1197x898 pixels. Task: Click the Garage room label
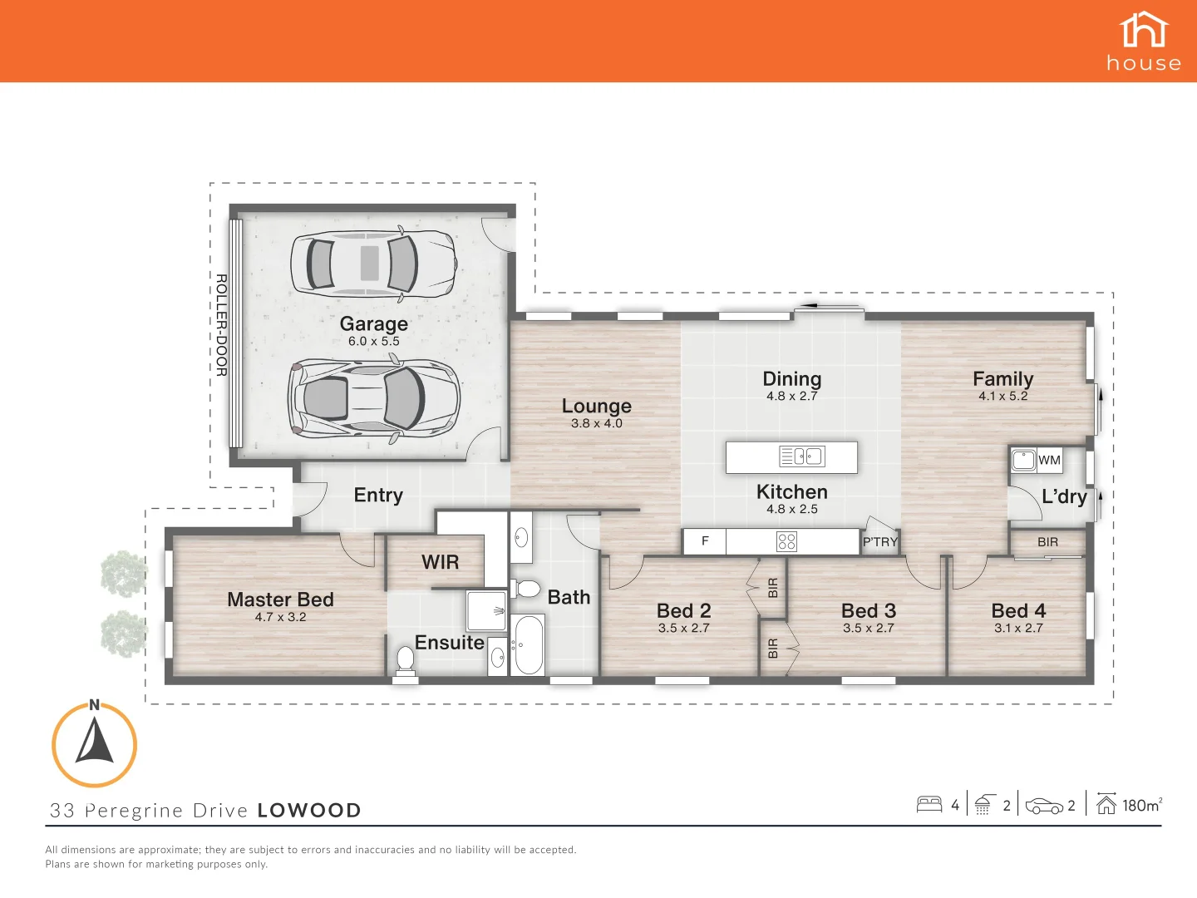tap(373, 323)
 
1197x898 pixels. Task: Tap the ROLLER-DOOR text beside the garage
tap(221, 325)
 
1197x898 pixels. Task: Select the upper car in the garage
tap(372, 263)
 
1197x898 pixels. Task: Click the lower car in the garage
tap(373, 398)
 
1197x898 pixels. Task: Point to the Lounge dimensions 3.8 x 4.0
tap(596, 423)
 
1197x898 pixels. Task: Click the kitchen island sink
tap(801, 456)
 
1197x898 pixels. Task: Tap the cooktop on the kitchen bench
tap(786, 542)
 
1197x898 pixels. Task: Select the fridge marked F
tap(705, 541)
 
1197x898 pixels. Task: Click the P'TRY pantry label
tap(879, 542)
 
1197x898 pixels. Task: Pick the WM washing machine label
tap(1049, 460)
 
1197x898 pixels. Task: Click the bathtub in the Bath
tap(528, 645)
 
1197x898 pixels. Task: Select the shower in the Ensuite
tap(486, 611)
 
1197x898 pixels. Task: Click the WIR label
tap(440, 562)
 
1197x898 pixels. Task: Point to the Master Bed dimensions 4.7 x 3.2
tap(280, 617)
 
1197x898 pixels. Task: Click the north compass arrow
tap(95, 743)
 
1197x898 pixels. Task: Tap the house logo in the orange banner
tap(1144, 41)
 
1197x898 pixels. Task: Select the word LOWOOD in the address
tap(309, 811)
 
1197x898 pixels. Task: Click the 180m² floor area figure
tap(1141, 805)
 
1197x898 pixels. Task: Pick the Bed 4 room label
tap(1018, 610)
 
